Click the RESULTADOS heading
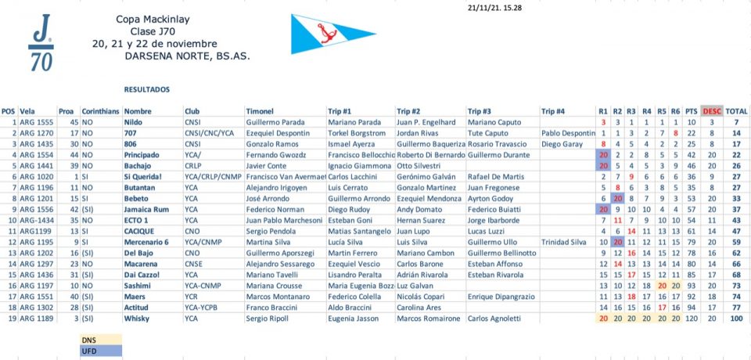click(147, 90)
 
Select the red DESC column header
click(711, 111)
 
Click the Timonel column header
click(259, 111)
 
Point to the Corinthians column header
click(101, 111)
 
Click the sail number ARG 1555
click(36, 122)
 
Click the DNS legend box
click(99, 340)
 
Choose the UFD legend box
click(99, 351)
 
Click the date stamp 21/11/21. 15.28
click(495, 8)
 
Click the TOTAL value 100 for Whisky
click(735, 319)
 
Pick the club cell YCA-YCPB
click(203, 308)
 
